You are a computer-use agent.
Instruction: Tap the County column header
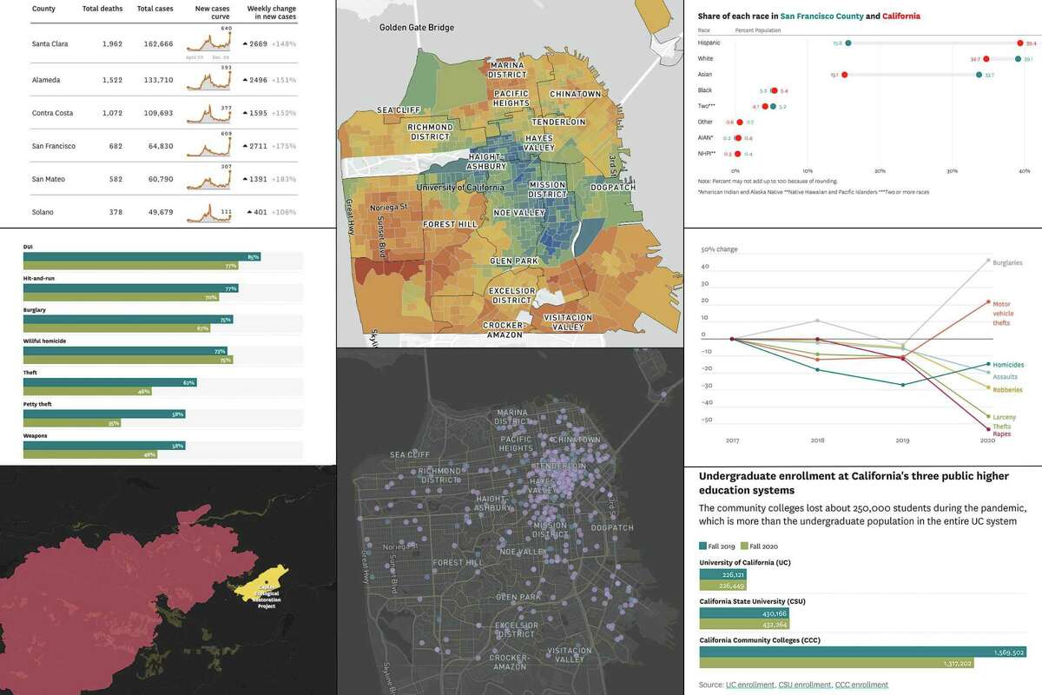[x=44, y=9]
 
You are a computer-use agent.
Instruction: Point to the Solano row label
[x=43, y=213]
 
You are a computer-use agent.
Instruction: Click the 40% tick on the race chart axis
[x=1025, y=170]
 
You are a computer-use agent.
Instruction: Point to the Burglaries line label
[x=1007, y=262]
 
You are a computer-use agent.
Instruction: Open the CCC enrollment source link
[x=861, y=685]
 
